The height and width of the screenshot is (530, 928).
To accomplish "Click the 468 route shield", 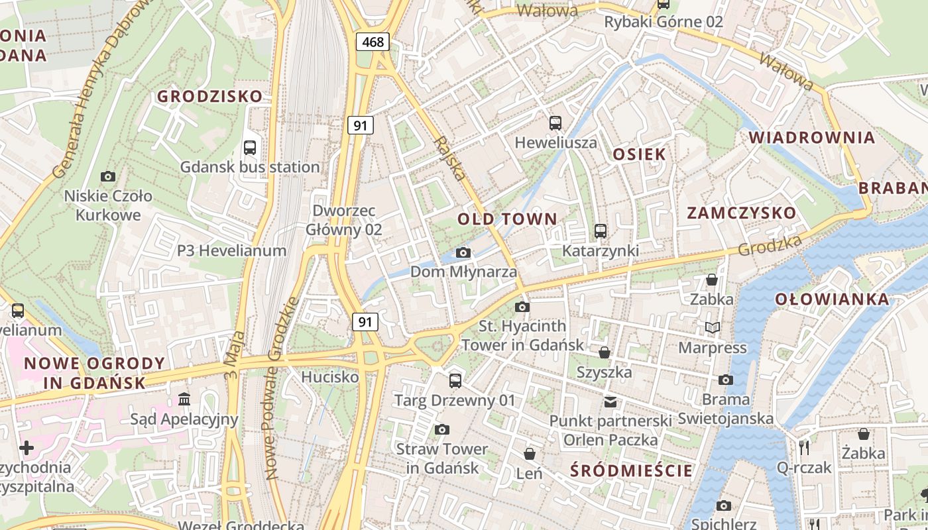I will coord(373,42).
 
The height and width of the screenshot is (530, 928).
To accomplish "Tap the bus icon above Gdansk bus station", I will coord(250,148).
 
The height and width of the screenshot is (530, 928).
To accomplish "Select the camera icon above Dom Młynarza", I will coord(463,252).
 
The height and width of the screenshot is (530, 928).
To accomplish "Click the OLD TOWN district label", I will coord(507,219).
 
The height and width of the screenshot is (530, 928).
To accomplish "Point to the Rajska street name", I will coord(450,158).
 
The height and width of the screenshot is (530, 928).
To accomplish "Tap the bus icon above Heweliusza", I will coord(555,123).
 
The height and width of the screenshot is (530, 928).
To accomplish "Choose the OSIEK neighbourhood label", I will coord(639,154).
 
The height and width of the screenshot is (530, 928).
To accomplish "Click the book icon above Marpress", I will coord(712,327).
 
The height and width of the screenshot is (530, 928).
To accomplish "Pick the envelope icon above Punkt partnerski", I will coord(610,401).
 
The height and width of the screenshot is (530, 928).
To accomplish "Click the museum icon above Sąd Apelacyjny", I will coord(184,399).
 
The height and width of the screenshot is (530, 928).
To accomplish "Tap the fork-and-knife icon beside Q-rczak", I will coord(804,447).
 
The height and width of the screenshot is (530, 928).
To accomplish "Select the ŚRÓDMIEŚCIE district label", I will coord(631,470).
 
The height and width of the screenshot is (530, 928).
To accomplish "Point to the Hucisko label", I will coord(329,377).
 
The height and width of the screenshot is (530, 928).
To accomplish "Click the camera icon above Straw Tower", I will coord(442,429).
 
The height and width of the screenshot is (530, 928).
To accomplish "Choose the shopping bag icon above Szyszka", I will coord(604,352).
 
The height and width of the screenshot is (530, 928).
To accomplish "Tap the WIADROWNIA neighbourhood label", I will coord(812,138).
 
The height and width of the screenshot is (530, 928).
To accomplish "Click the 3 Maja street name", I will coord(235,355).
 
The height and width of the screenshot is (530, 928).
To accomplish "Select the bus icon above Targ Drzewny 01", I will coord(455,380).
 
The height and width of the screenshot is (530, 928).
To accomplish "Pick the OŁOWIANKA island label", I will coord(832,299).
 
